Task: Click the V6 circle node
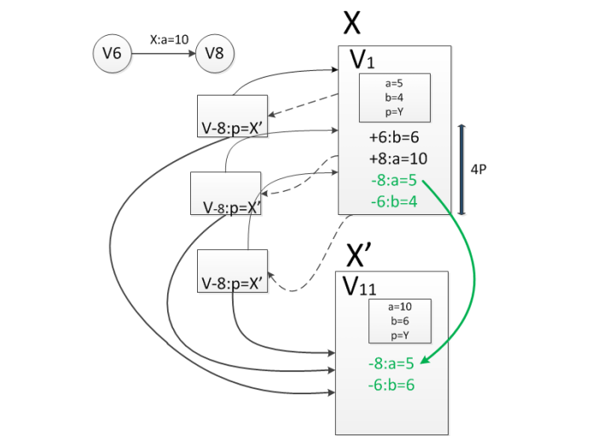113,53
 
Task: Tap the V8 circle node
215,53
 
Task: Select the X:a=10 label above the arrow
169,39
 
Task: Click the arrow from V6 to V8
164,54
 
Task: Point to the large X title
351,23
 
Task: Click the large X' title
359,254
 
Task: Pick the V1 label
362,60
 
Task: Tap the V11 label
359,286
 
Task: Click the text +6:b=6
394,137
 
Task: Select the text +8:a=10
398,159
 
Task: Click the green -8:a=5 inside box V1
394,180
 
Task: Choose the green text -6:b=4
394,201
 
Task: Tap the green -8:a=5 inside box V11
391,364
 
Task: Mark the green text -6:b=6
391,385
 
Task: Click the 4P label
478,169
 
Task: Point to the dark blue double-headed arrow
461,170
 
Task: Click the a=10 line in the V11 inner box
400,306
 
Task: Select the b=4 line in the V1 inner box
394,97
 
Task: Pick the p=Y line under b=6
400,335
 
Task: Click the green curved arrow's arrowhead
425,360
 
